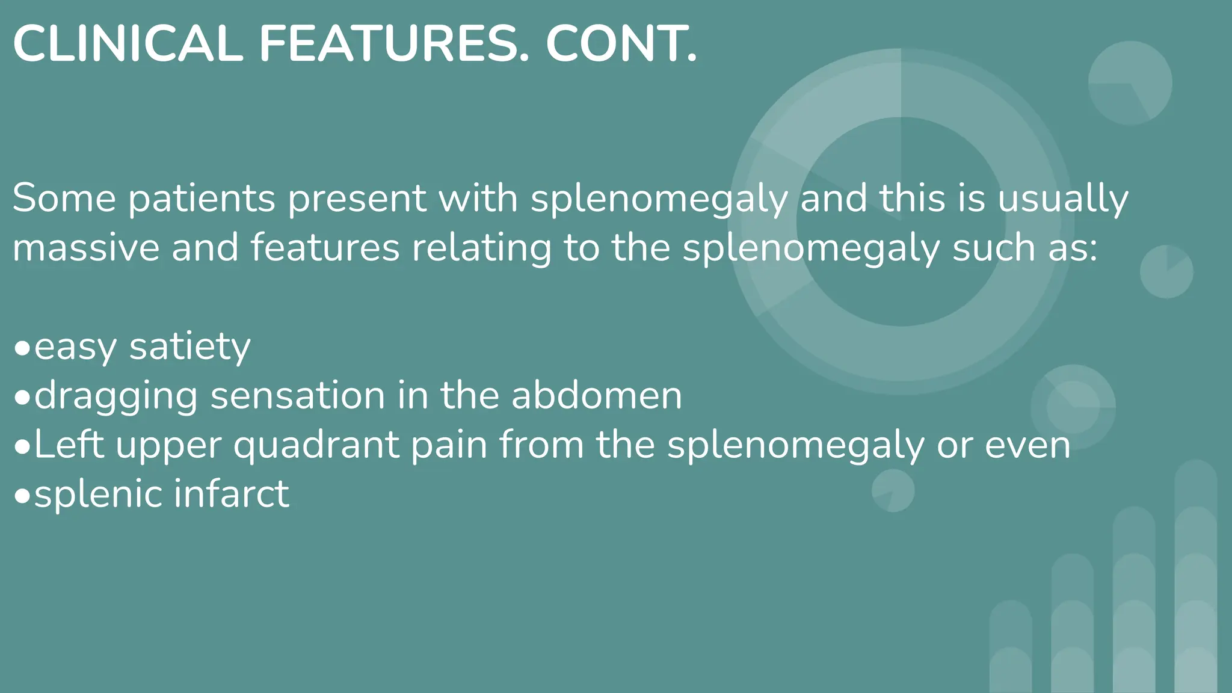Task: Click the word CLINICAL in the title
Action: coord(128,44)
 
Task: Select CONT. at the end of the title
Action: coord(621,44)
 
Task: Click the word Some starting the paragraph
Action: coord(64,198)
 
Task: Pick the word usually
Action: coord(1063,199)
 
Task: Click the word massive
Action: coord(86,247)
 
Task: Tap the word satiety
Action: coord(189,348)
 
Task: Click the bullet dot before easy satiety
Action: coord(22,348)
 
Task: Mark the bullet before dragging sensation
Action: coord(22,398)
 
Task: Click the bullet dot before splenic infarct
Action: coord(22,496)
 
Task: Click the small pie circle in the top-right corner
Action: coord(1130,83)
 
